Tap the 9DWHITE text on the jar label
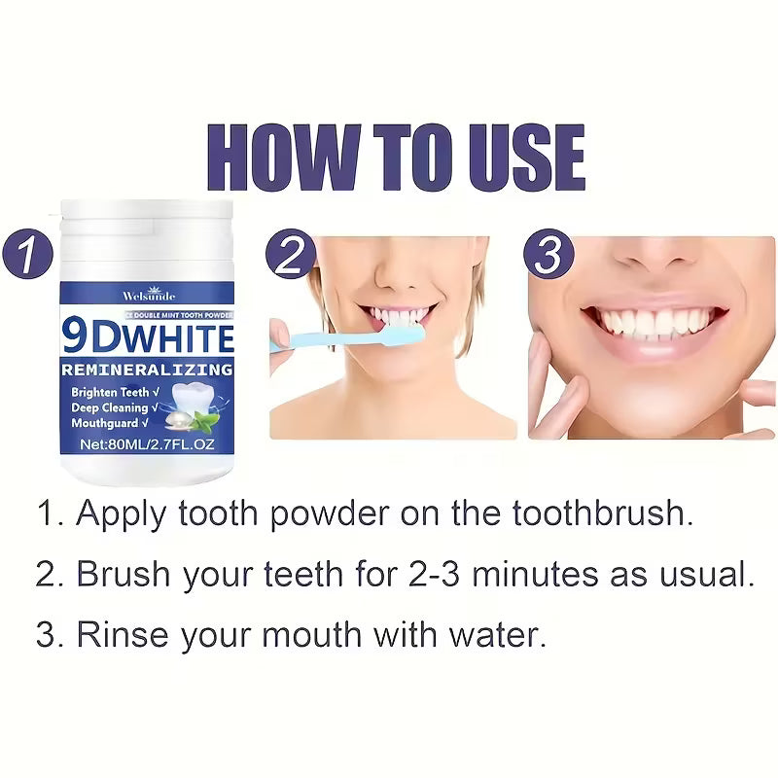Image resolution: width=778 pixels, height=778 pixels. (148, 337)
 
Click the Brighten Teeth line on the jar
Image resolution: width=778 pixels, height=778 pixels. (108, 391)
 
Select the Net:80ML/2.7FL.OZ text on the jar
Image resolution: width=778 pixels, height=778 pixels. (146, 443)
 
